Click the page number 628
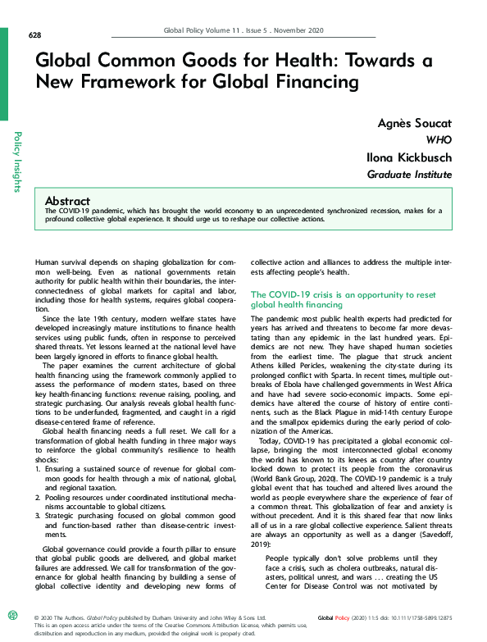34,34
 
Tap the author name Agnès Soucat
414,123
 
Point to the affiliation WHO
439,140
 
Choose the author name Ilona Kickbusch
408,157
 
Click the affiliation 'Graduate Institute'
409,175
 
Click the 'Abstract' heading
67,201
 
